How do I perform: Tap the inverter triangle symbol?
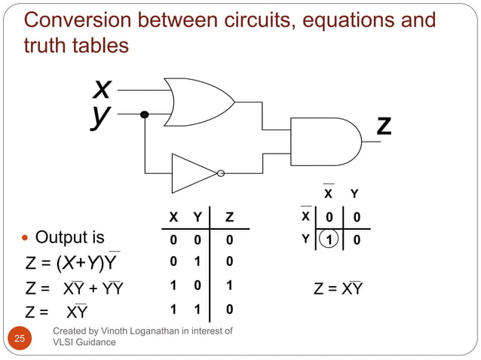(x=191, y=173)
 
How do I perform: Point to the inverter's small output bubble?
(x=220, y=174)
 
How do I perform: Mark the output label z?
(x=384, y=125)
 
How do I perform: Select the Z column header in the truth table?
(x=229, y=218)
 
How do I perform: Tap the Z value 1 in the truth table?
(x=229, y=287)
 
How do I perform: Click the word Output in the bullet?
(x=61, y=238)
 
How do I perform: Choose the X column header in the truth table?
(x=173, y=218)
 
